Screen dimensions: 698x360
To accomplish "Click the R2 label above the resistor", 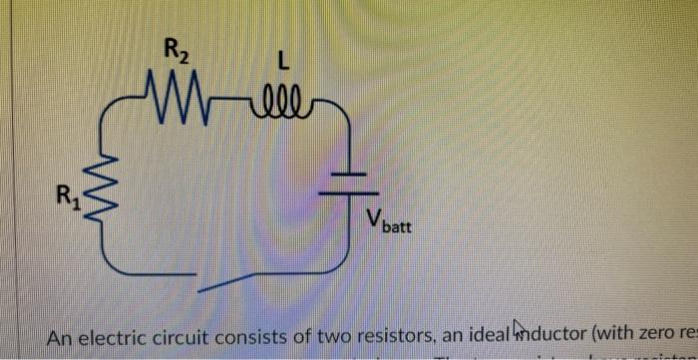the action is pos(176,49).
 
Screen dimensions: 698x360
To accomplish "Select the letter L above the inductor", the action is pos(284,63).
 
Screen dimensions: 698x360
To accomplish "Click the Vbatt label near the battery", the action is pos(390,220).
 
